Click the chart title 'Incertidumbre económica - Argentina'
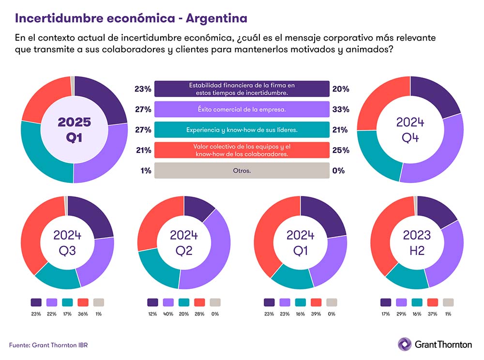tap(131, 18)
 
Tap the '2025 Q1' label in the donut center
tap(74, 129)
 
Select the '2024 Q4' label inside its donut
tap(410, 130)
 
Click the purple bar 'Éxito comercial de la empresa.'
tap(242, 110)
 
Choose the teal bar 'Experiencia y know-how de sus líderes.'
tap(242, 130)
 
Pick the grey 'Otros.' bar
tap(242, 170)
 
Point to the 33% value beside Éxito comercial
tap(341, 110)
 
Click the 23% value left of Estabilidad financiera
tap(143, 89)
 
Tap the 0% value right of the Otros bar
tap(339, 170)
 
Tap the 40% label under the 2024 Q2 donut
tap(168, 314)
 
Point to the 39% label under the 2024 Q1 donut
tap(316, 314)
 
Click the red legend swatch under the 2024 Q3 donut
tap(83, 302)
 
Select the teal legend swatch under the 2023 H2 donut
tap(417, 302)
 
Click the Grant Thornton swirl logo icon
tap(405, 344)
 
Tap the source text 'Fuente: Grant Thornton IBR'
tap(48, 345)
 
